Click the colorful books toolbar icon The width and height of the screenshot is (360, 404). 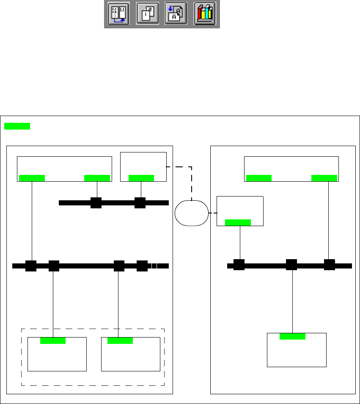click(x=205, y=14)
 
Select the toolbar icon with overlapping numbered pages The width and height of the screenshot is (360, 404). click(x=148, y=14)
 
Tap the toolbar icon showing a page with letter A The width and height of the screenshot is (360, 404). click(x=176, y=14)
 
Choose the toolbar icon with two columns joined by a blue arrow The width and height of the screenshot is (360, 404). click(x=118, y=14)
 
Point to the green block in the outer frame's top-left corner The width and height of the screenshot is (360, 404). click(x=17, y=126)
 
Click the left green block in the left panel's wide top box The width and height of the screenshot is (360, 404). click(x=32, y=178)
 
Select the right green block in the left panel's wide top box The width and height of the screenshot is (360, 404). click(x=97, y=178)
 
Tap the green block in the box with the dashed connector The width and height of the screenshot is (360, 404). click(x=141, y=178)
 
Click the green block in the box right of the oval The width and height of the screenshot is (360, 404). click(x=238, y=222)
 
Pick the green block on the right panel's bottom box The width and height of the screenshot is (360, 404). click(x=292, y=336)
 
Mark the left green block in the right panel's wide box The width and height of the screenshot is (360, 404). click(x=258, y=178)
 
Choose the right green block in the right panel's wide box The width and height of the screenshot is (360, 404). click(x=324, y=178)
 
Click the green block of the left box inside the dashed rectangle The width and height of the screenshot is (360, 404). click(x=53, y=340)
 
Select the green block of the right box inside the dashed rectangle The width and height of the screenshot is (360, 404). click(x=120, y=340)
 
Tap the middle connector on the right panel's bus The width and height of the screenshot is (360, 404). click(x=291, y=265)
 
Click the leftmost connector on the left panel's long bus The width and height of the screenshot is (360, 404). click(x=31, y=266)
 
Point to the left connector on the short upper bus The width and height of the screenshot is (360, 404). click(x=96, y=203)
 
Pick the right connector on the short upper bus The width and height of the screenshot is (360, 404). click(x=140, y=203)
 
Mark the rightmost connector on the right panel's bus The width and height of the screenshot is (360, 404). click(x=330, y=265)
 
